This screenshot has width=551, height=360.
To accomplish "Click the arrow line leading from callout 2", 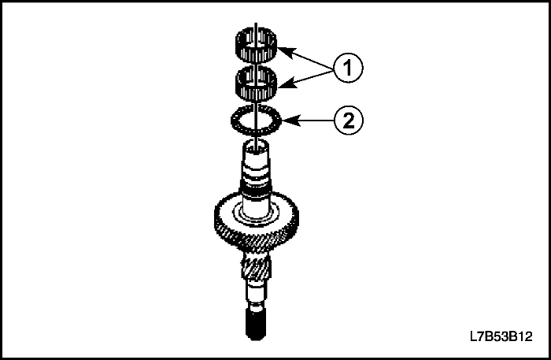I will point(311,121).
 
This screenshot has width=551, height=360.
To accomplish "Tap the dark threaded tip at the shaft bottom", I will point(254,326).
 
